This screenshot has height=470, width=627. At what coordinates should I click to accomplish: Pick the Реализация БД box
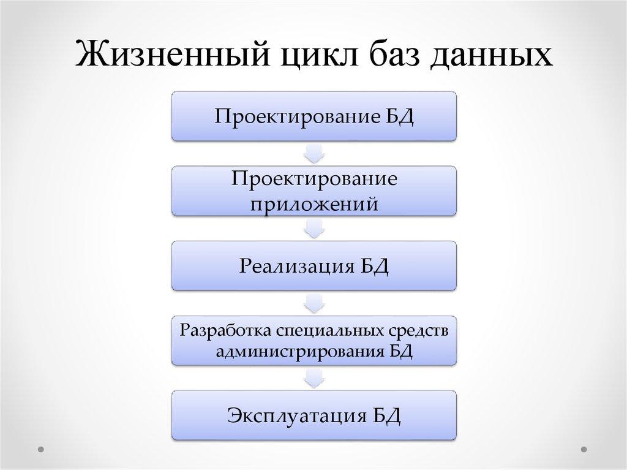(313, 265)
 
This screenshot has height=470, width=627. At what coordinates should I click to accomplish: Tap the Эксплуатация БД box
(313, 415)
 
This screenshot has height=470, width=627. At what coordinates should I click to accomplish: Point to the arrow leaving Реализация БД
(313, 303)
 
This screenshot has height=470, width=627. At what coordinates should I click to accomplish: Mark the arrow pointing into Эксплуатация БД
(313, 377)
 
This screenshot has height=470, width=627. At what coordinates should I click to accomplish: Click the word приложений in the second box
(313, 203)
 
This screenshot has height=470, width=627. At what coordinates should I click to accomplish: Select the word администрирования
(293, 352)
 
